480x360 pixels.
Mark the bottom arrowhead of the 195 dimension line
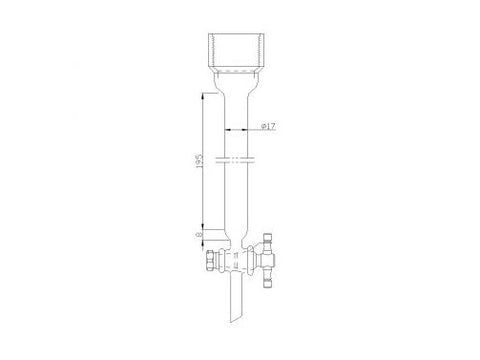click(207, 225)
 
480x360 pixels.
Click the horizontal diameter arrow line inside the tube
click(239, 130)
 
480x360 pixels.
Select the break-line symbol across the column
click(240, 157)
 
